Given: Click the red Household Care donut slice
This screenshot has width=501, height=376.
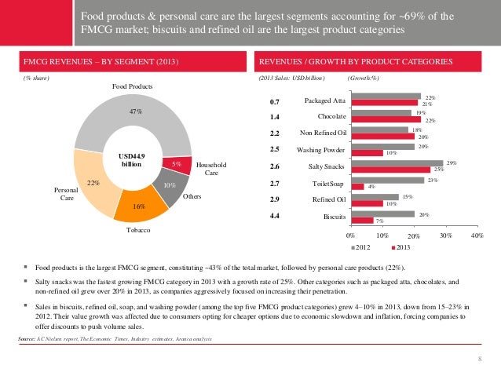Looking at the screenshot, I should click(177, 164).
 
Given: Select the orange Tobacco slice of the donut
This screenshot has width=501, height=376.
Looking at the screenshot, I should click(138, 205).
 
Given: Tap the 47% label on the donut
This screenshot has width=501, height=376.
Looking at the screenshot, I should click(135, 112).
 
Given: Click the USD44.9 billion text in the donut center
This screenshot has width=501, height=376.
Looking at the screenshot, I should click(131, 160).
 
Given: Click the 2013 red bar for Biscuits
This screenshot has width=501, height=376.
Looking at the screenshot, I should click(362, 220).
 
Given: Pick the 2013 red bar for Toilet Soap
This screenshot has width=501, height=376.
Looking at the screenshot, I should click(357, 186).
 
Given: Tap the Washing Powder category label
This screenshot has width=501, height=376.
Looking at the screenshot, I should click(321, 150).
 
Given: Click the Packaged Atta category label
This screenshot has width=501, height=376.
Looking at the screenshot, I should click(324, 101).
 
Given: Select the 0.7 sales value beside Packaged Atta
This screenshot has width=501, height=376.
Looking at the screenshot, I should click(275, 101).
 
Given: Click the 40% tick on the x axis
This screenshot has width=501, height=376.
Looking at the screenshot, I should click(476, 235).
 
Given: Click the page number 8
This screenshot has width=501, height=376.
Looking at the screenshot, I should click(478, 358).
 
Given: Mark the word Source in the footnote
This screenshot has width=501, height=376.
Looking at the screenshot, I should click(30, 338).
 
